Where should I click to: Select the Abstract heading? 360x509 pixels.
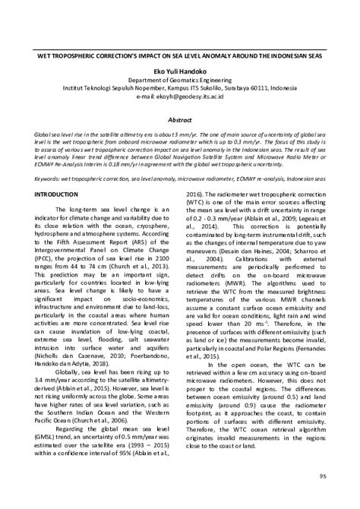tap(181, 119)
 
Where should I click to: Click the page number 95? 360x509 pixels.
tap(323, 476)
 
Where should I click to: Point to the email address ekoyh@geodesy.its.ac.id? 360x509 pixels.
tap(191, 98)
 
